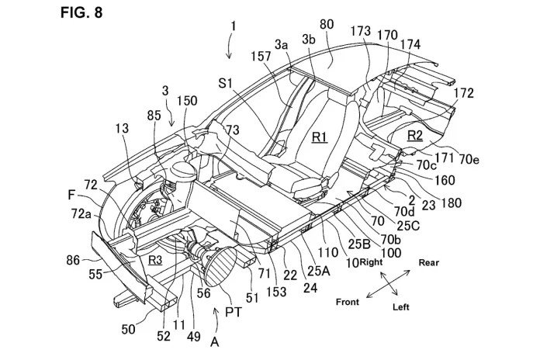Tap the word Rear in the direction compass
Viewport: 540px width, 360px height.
(x=429, y=262)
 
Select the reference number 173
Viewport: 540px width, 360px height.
(x=362, y=32)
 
